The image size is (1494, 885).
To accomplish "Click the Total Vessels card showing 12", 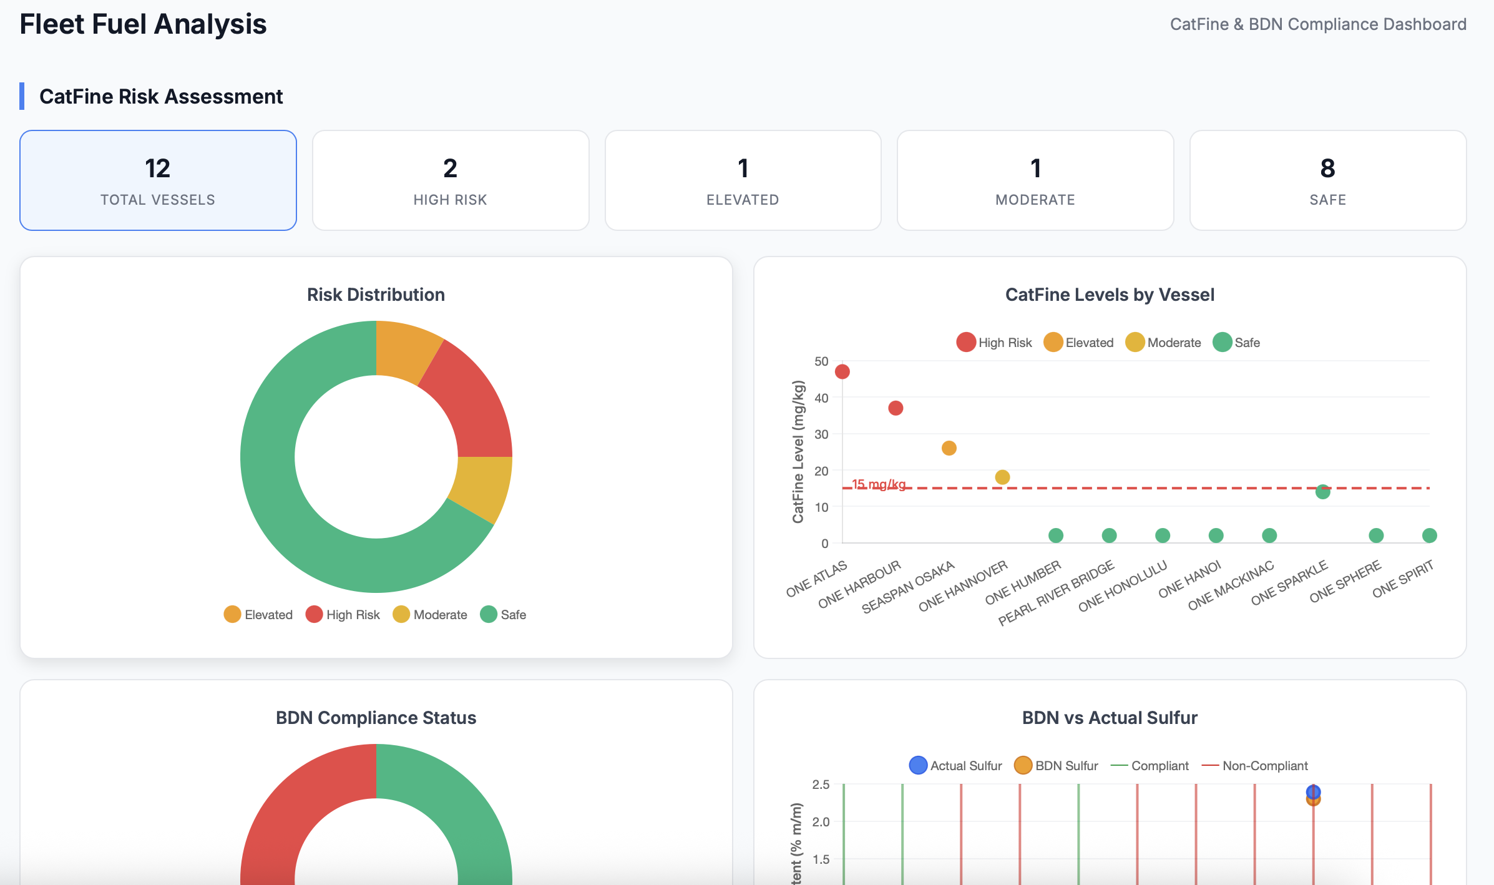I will (x=158, y=180).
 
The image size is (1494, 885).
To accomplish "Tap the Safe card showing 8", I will (x=1327, y=180).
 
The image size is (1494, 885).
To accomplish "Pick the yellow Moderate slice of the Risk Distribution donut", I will (x=481, y=487).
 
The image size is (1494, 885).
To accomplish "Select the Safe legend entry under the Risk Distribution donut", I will (x=504, y=615).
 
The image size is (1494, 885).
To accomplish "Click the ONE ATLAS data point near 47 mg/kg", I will (x=842, y=372).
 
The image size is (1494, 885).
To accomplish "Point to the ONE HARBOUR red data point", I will (x=896, y=408).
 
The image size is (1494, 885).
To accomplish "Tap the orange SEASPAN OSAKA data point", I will (x=949, y=448).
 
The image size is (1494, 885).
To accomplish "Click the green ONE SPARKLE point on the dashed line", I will (x=1322, y=492).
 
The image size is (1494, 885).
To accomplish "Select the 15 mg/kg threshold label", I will (x=879, y=484).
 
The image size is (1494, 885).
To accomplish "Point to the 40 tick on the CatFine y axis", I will (x=821, y=398).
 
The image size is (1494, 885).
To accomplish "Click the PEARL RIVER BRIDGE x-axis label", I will (x=1057, y=592).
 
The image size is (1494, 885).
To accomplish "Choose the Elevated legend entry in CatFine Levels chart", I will (x=1079, y=343).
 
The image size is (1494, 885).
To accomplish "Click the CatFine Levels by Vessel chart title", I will (x=1110, y=295).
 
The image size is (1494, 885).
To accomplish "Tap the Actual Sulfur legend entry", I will (x=955, y=766).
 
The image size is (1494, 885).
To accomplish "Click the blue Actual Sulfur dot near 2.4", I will (x=1313, y=791).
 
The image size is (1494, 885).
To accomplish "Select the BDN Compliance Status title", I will (x=376, y=718).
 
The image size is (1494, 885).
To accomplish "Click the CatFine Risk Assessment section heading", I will (x=161, y=97).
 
